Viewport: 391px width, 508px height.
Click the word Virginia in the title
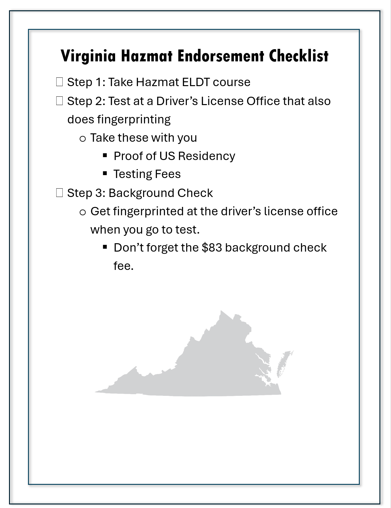point(88,56)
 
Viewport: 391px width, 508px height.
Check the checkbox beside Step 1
point(59,82)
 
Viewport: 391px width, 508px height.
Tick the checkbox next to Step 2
point(59,101)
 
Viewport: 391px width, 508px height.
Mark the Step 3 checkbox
point(59,193)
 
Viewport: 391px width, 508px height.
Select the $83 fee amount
point(212,248)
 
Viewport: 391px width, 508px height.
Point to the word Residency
point(206,156)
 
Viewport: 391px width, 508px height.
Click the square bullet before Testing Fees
point(105,174)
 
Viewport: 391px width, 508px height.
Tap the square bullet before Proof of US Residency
point(105,156)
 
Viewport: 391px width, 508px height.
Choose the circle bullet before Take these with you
point(83,139)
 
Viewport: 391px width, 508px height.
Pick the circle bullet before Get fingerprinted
point(83,212)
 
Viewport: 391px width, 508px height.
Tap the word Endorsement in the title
point(221,56)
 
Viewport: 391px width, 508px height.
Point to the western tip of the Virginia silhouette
point(96,391)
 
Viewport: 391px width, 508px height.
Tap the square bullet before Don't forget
point(105,247)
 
